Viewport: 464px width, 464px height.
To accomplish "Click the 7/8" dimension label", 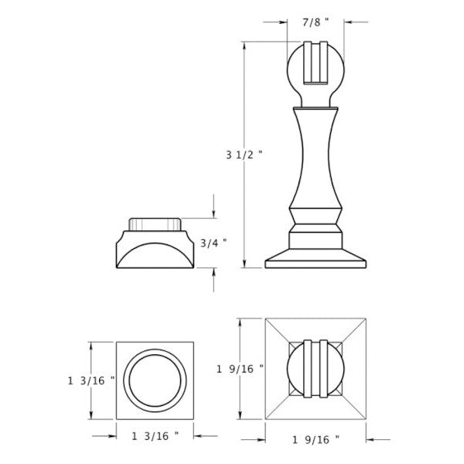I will (314, 22).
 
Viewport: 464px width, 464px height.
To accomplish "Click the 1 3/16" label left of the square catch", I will (92, 380).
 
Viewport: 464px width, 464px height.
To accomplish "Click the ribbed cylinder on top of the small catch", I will (156, 222).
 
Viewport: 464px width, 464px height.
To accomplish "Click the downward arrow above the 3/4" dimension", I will (213, 214).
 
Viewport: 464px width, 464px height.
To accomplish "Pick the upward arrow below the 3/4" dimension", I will (213, 272).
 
